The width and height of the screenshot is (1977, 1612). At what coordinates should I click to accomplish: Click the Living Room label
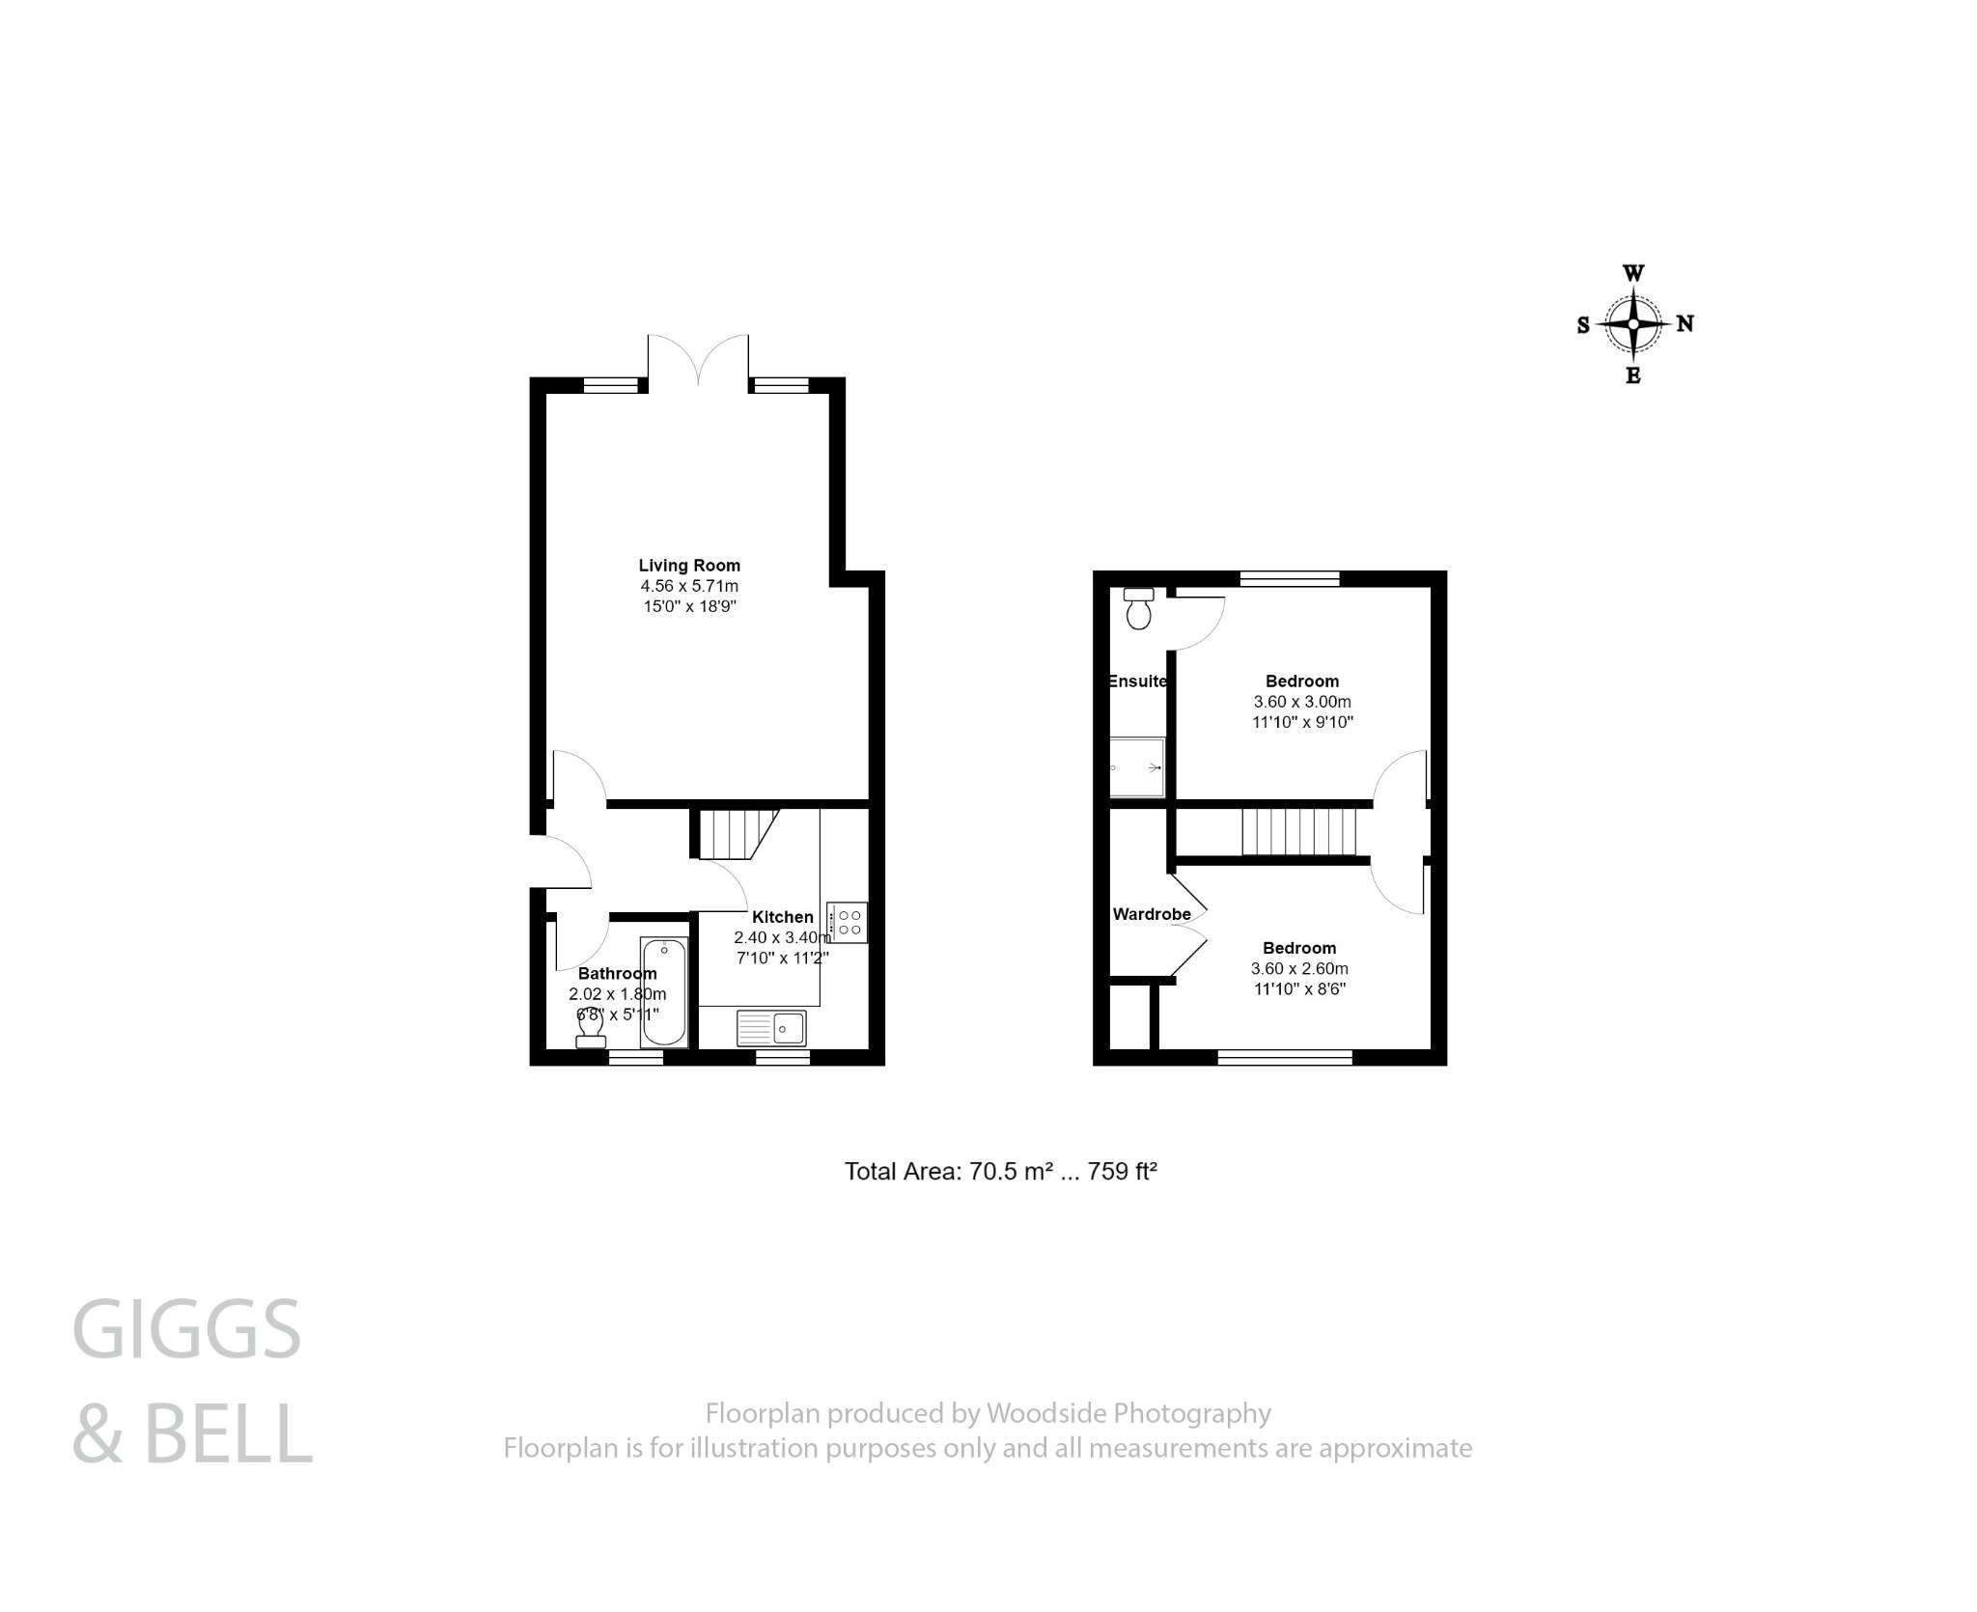pos(689,566)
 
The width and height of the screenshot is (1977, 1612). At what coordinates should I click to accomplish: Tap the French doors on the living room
pos(698,363)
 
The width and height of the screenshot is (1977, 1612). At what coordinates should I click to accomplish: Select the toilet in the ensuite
pos(1139,609)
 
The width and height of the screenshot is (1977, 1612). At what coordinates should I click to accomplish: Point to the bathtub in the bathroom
pos(664,991)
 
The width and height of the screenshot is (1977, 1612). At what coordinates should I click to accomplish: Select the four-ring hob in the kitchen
pos(849,922)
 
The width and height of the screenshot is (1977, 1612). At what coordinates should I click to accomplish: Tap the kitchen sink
pos(771,1028)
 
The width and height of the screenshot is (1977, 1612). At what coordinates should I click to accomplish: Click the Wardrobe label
pos(1151,914)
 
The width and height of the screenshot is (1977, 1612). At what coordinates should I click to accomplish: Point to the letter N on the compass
pos(1685,324)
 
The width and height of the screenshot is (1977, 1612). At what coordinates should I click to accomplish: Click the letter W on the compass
pos(1633,273)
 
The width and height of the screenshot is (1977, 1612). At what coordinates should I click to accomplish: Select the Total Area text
pos(1000,1172)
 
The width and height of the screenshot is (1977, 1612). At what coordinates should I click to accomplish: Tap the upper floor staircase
pos(1298,832)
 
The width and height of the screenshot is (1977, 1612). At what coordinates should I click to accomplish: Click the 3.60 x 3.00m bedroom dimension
pos(1301,702)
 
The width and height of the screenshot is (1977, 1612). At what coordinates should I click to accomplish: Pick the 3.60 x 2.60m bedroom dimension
pos(1299,968)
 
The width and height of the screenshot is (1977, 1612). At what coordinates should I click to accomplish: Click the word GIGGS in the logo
pos(187,1330)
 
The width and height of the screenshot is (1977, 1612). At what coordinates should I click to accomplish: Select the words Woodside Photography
pos(1128,1413)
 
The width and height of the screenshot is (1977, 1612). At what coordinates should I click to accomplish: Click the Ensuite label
pos(1137,681)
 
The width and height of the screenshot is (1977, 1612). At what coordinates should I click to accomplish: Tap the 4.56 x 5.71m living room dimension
pos(689,586)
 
